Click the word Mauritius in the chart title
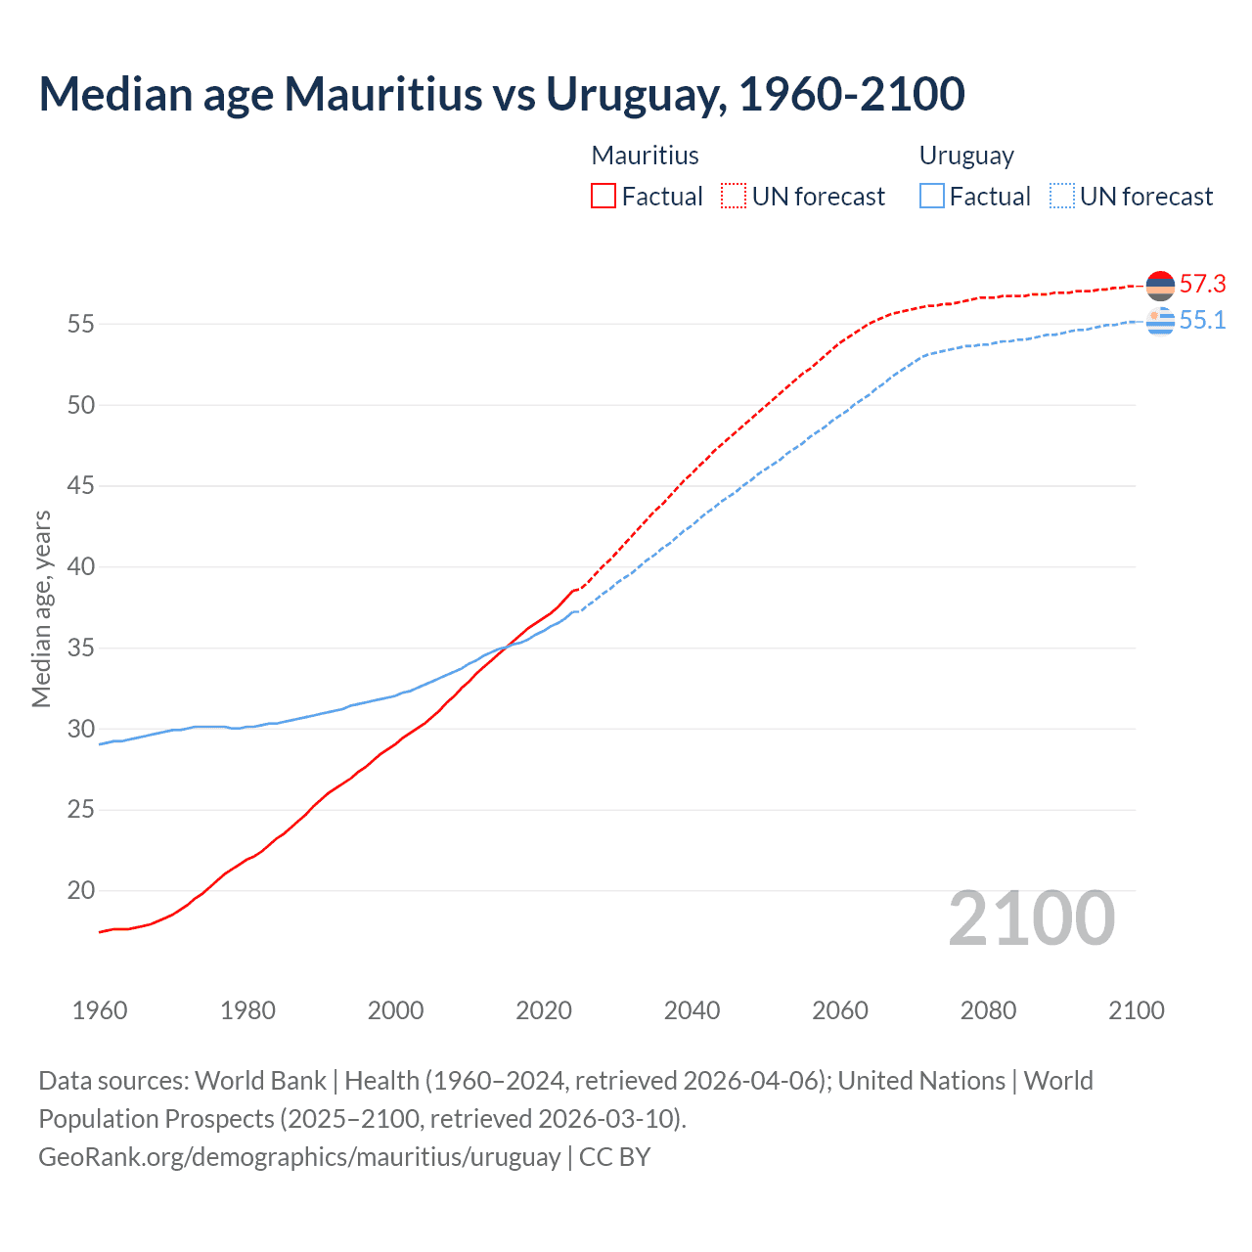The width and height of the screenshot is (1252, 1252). point(382,94)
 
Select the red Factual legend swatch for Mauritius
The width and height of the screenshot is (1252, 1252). point(604,196)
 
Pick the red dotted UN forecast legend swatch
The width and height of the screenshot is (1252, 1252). point(734,196)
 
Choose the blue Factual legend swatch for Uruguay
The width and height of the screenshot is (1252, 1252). point(932,196)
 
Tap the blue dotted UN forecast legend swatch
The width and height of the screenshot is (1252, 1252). point(1062,196)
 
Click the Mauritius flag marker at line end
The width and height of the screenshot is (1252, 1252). point(1160,286)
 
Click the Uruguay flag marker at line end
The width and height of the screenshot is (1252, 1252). point(1160,321)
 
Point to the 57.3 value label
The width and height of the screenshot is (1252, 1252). point(1202,285)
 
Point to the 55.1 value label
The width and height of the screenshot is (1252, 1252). point(1202,321)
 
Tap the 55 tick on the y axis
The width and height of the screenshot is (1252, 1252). point(80,324)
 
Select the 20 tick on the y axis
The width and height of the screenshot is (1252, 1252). point(80,891)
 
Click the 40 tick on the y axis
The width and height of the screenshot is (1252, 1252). point(80,567)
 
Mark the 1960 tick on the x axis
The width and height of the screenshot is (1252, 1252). point(100,1010)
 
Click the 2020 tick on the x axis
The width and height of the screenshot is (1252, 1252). point(544,1010)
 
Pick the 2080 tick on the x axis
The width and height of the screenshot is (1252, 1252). point(988,1010)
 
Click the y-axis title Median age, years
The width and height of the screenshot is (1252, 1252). point(41,608)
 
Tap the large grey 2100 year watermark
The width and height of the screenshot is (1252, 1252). point(1031,918)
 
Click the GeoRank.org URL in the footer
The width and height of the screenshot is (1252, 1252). point(299,1157)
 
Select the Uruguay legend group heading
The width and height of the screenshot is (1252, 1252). point(966,156)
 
